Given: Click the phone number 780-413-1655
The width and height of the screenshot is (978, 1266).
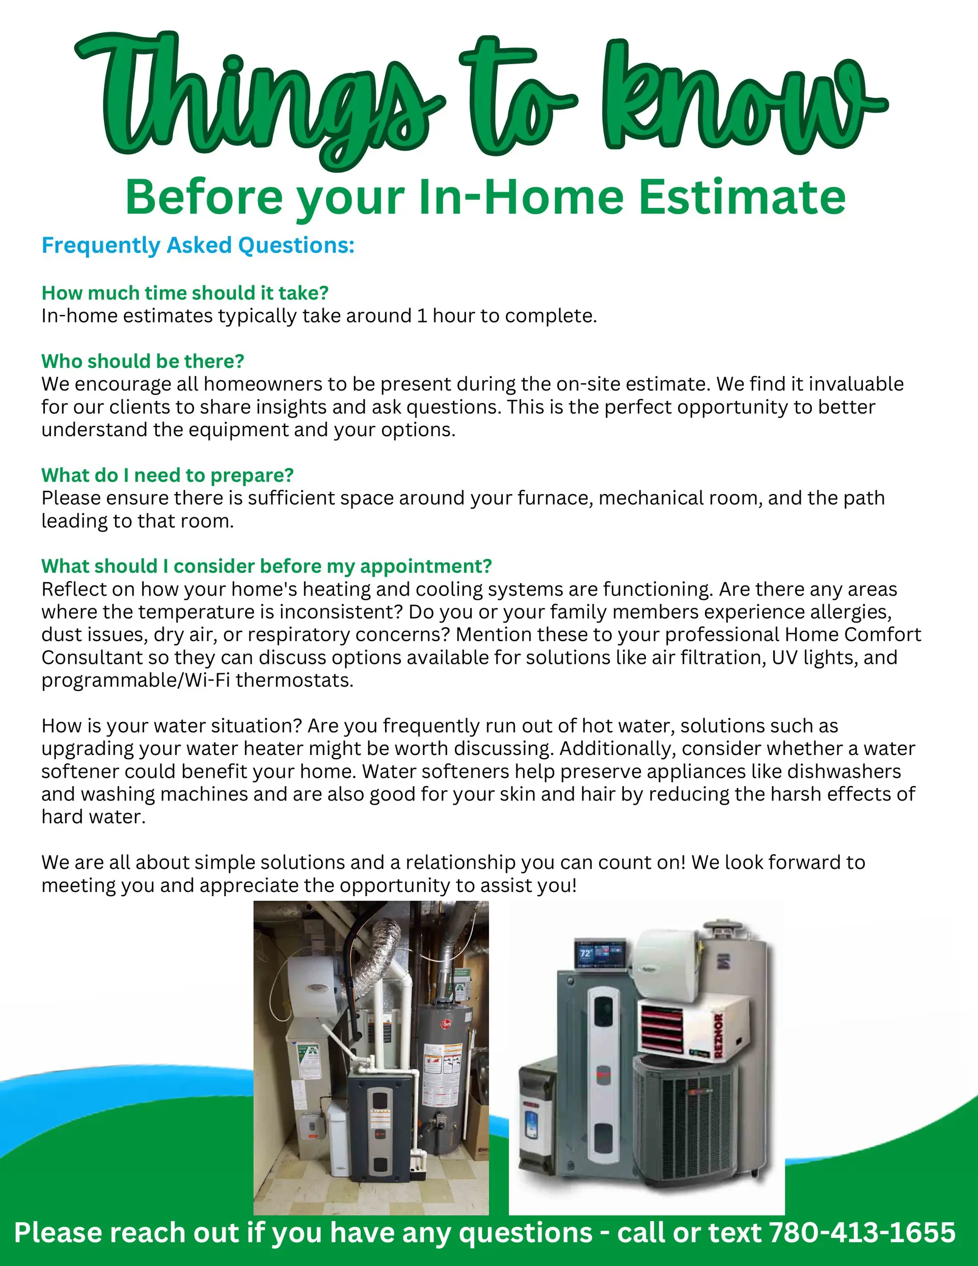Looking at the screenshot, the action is coord(862,1232).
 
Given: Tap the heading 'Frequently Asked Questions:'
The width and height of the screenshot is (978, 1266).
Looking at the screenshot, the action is coord(198,246).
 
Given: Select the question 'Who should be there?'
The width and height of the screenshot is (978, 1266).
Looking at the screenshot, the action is coord(143,361).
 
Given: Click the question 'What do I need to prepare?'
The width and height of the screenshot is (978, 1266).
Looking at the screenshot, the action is coord(168,475).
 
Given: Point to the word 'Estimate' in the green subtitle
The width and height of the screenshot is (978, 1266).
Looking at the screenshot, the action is coord(742,197).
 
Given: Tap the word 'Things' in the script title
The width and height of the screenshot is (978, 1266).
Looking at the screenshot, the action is coord(261,98).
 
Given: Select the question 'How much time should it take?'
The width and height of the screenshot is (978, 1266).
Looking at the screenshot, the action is coord(185,293).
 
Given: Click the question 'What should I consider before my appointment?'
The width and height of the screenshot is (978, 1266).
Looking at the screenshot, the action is coord(267,567).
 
